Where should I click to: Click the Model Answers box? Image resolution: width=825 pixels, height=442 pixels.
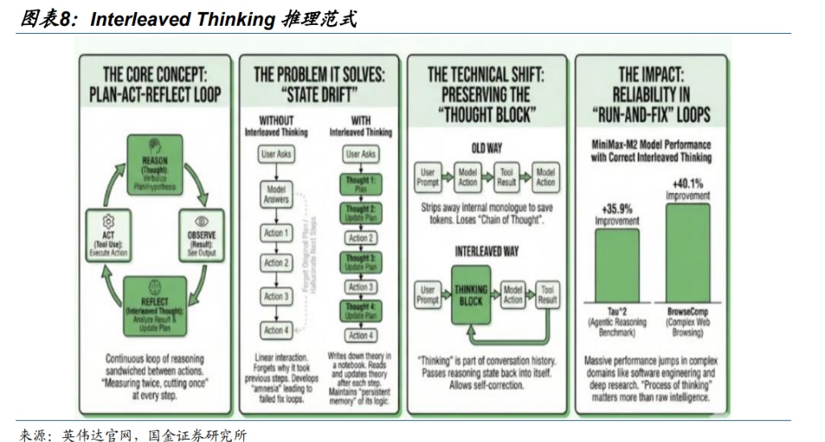pyautogui.click(x=276, y=194)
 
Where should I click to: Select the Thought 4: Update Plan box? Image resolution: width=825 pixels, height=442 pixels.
pyautogui.click(x=360, y=311)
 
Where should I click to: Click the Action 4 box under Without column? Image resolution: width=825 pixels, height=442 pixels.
pyautogui.click(x=276, y=330)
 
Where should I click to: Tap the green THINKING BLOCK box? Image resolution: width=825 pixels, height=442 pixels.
pyautogui.click(x=471, y=294)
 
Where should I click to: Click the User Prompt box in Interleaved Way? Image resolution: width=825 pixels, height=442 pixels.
pyautogui.click(x=428, y=295)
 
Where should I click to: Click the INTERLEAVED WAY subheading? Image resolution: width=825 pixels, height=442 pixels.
pyautogui.click(x=487, y=251)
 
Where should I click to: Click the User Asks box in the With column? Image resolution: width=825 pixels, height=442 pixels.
pyautogui.click(x=360, y=154)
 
